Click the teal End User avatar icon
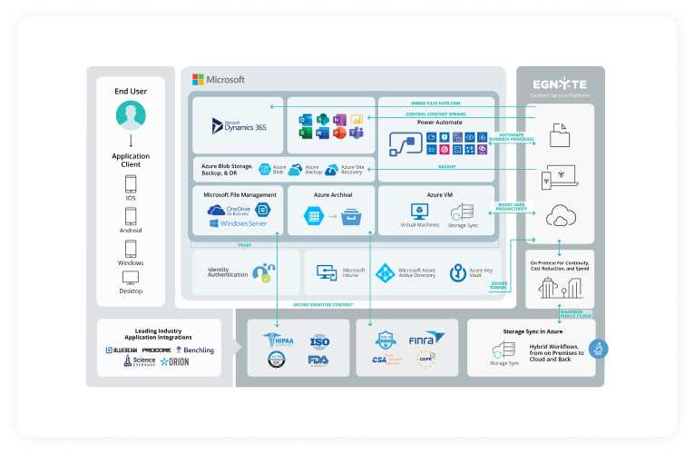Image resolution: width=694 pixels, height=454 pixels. coord(131,115)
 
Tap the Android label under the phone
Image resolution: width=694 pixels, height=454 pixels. coord(131,231)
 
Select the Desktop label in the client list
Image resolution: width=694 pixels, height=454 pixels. coord(131,291)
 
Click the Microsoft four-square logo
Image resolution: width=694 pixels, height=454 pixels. coord(199,79)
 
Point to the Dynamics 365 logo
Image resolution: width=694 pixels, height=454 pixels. coord(235,125)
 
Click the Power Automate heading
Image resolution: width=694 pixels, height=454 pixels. coord(439,122)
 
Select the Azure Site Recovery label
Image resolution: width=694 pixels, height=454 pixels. coord(352,169)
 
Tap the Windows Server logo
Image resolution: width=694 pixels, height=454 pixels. coord(239,222)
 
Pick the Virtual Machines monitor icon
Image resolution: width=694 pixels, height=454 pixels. coord(420,211)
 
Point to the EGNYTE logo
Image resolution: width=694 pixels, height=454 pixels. coord(560,80)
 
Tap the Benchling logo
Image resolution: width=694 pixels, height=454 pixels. coord(196,350)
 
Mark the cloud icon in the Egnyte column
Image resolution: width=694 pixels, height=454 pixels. coord(560,216)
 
